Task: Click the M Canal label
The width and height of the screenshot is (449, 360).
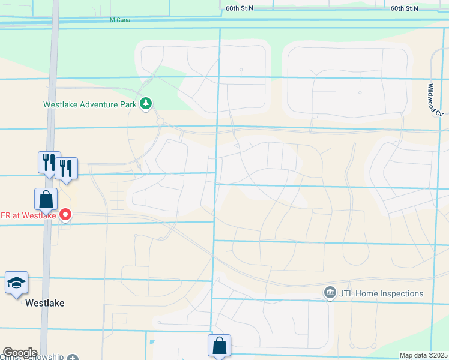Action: pyautogui.click(x=121, y=20)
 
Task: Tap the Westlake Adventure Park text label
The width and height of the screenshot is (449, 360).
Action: pyautogui.click(x=90, y=104)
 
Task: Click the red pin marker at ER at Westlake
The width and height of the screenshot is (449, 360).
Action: pyautogui.click(x=65, y=214)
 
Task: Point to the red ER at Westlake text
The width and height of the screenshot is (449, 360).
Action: pyautogui.click(x=28, y=215)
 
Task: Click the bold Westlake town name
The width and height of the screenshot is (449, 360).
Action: pyautogui.click(x=44, y=303)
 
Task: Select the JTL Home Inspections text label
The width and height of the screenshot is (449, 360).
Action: pyautogui.click(x=381, y=293)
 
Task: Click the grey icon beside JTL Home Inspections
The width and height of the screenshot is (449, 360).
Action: pyautogui.click(x=330, y=293)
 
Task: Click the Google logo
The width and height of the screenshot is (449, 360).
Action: pyautogui.click(x=19, y=353)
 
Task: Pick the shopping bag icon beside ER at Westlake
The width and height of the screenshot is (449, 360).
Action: pyautogui.click(x=46, y=198)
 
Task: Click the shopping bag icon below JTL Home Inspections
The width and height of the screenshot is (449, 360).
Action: pyautogui.click(x=219, y=345)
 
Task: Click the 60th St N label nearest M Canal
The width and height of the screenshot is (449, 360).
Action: pyautogui.click(x=240, y=8)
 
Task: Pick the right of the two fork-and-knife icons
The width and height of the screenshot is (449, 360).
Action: pyautogui.click(x=66, y=168)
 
